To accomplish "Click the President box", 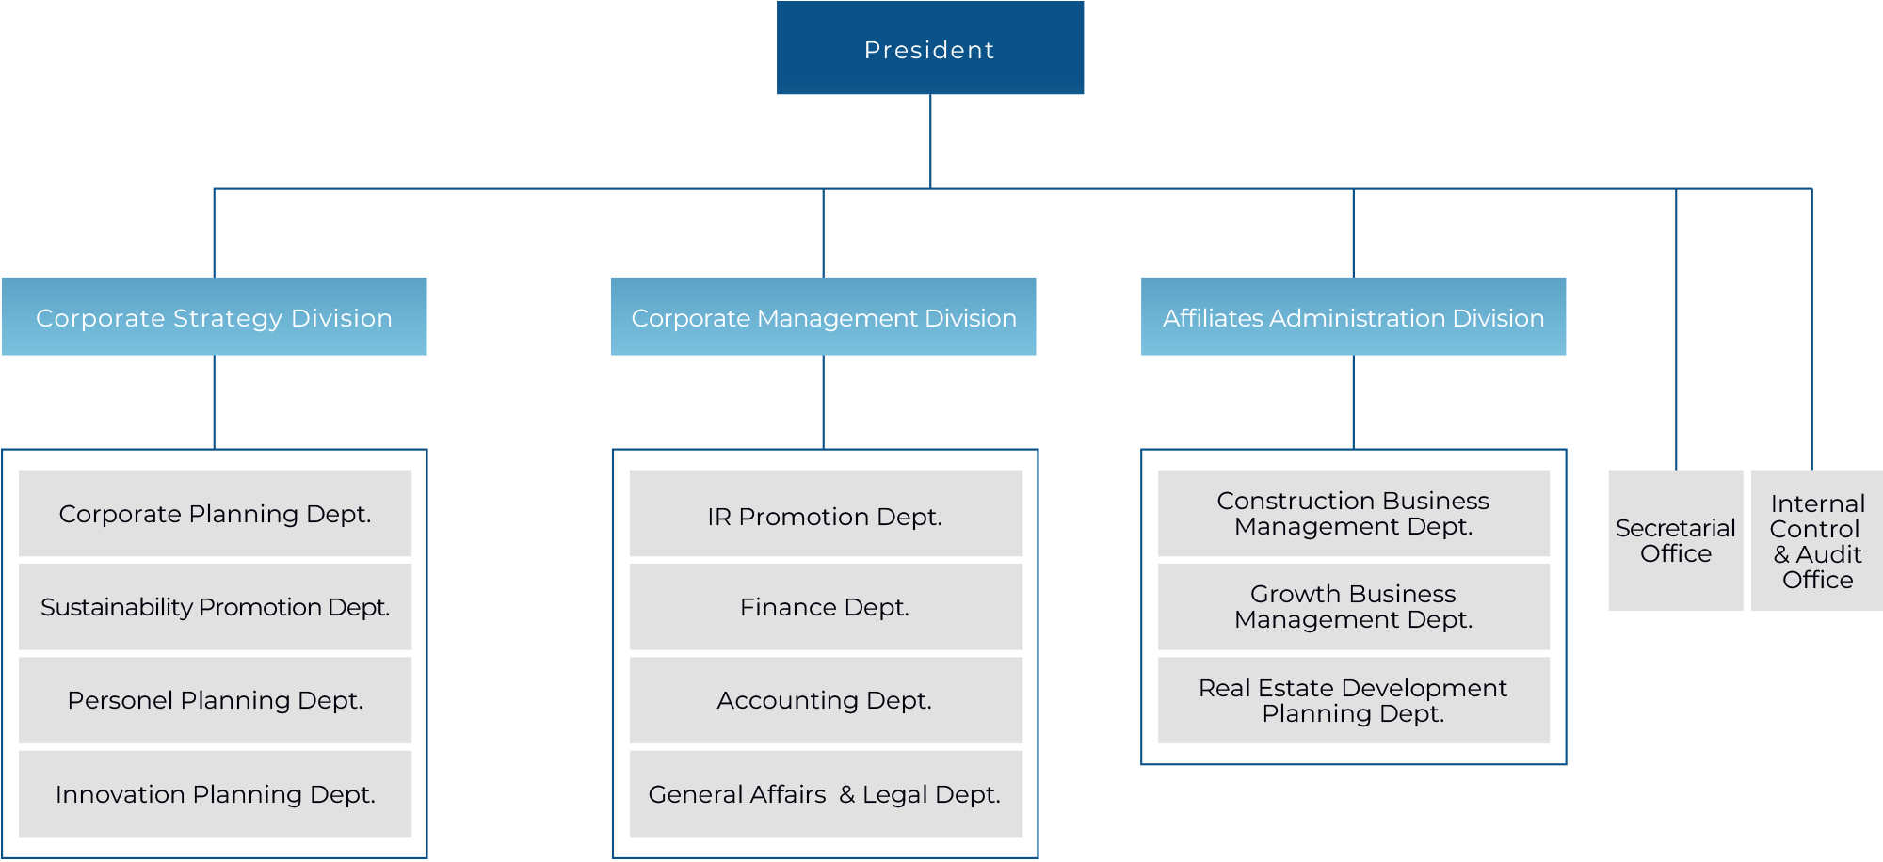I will [x=930, y=49].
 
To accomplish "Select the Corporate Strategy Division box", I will [x=215, y=317].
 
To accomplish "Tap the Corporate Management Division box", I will [x=824, y=317].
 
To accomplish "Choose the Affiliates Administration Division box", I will [x=1354, y=317].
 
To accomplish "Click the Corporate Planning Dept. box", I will [x=216, y=514].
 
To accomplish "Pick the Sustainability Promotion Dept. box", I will [x=216, y=607].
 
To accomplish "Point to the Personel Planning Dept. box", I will [x=216, y=700].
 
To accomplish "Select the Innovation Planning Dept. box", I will [x=216, y=794].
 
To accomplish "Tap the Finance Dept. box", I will [x=826, y=607].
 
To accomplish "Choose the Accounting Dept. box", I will [x=826, y=700].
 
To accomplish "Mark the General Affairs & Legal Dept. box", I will [x=826, y=794].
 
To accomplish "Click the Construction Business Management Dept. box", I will [x=1354, y=514].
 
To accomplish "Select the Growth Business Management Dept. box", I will [x=1354, y=607].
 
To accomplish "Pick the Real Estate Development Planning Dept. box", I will [x=1354, y=700].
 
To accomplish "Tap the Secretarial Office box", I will [x=1676, y=541].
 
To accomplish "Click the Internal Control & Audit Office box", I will [x=1817, y=541].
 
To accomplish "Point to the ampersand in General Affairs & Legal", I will [x=846, y=795].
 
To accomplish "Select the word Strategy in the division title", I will [x=229, y=319].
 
